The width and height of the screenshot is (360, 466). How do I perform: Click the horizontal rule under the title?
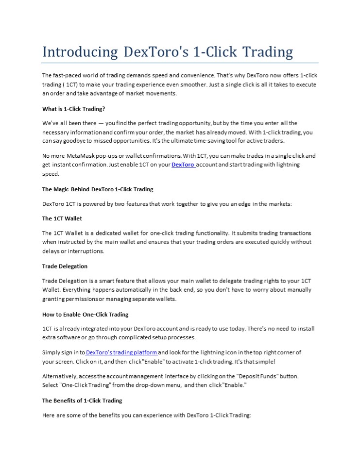click(x=180, y=63)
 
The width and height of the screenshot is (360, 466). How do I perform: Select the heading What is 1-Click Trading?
click(x=73, y=109)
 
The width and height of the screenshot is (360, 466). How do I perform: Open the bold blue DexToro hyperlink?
click(x=183, y=165)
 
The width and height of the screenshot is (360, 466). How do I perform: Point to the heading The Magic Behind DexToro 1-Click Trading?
click(x=98, y=189)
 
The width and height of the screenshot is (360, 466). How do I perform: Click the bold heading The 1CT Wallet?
click(x=62, y=218)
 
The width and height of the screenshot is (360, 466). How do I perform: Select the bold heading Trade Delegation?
click(x=65, y=266)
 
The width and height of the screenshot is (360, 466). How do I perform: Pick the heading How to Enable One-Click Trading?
click(x=86, y=314)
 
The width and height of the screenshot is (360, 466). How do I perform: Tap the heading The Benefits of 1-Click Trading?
click(x=82, y=400)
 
